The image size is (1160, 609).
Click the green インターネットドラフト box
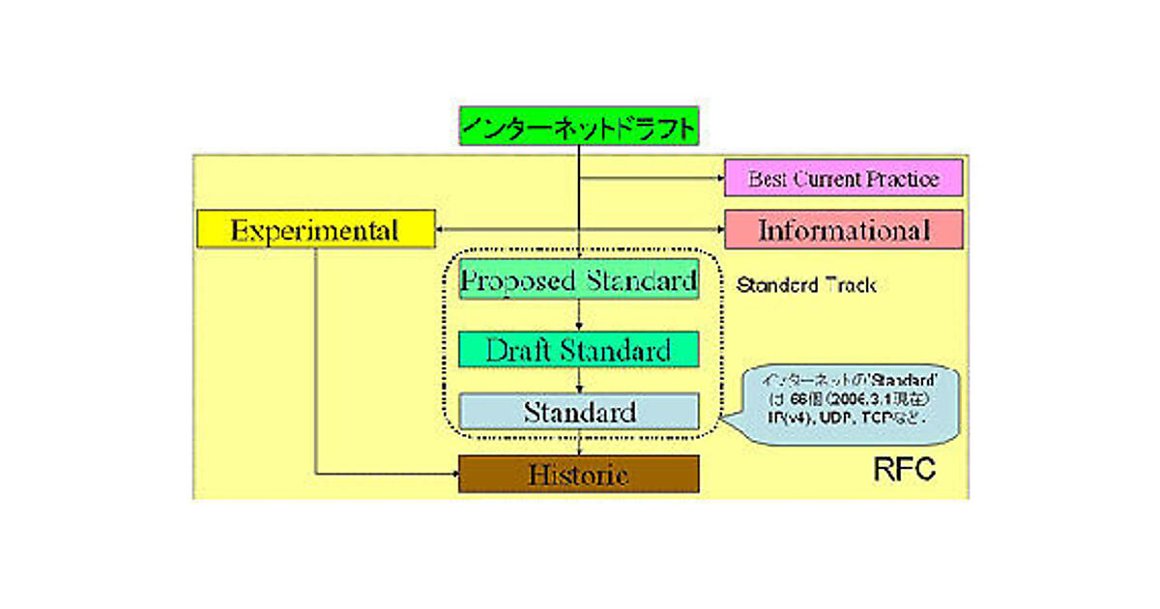click(x=578, y=127)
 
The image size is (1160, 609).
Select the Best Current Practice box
click(x=844, y=179)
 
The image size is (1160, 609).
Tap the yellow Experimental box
click(x=315, y=230)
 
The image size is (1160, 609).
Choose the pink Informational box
click(x=844, y=230)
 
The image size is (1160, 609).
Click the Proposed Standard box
click(x=578, y=280)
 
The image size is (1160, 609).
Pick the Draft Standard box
click(x=578, y=349)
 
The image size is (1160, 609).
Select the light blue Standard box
click(x=578, y=412)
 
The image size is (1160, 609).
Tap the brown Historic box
click(x=578, y=475)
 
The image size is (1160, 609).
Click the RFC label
click(x=905, y=471)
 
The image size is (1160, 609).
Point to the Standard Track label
click(x=805, y=285)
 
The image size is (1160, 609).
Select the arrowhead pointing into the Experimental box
click(x=441, y=230)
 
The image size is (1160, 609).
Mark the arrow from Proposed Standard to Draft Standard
click(x=578, y=316)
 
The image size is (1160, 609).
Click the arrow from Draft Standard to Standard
click(x=578, y=380)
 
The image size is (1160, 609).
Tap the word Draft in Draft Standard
click(x=516, y=349)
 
